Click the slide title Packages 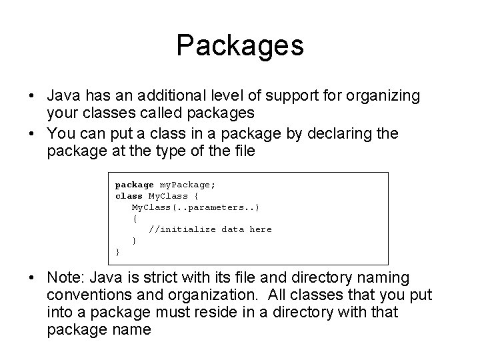coord(240,46)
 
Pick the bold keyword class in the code coord(129,196)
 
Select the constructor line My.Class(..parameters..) coord(195,207)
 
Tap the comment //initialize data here coord(210,229)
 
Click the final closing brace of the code coord(118,252)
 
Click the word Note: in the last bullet coord(67,277)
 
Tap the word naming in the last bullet coord(383,277)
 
